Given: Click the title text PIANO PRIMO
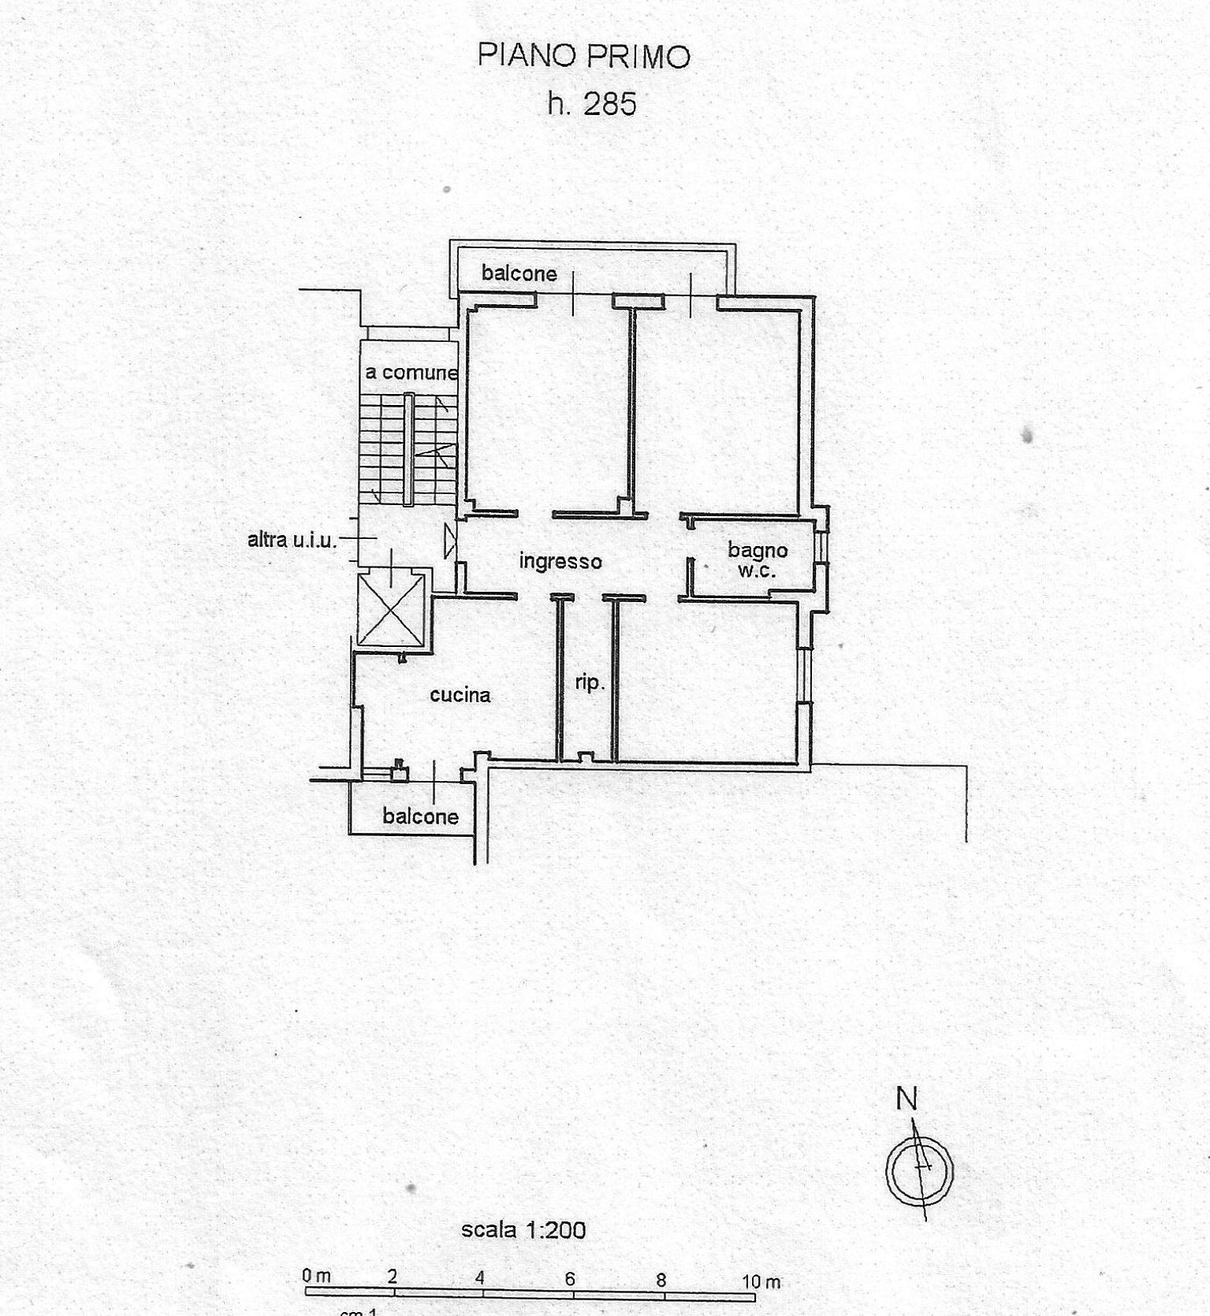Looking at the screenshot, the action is [584, 56].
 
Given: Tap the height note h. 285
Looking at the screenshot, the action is [592, 104].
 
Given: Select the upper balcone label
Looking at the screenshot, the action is [519, 273].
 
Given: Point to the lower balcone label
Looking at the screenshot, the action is [421, 816].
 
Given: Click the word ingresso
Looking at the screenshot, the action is [560, 561].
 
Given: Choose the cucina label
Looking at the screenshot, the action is [460, 694].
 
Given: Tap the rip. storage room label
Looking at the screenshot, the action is [590, 682].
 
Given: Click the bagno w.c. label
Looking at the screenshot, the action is [758, 559].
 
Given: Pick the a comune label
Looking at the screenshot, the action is [411, 372].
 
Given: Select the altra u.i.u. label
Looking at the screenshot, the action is [292, 540].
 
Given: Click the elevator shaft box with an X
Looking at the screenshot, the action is [391, 610].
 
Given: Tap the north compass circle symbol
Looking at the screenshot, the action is [919, 1171].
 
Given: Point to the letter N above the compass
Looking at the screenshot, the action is [907, 1099].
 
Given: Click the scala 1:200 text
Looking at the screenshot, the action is [523, 1229].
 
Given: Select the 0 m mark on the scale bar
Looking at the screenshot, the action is [316, 1276].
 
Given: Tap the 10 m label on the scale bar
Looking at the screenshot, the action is [761, 1282].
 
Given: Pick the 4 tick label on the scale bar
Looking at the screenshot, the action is [479, 1278].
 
